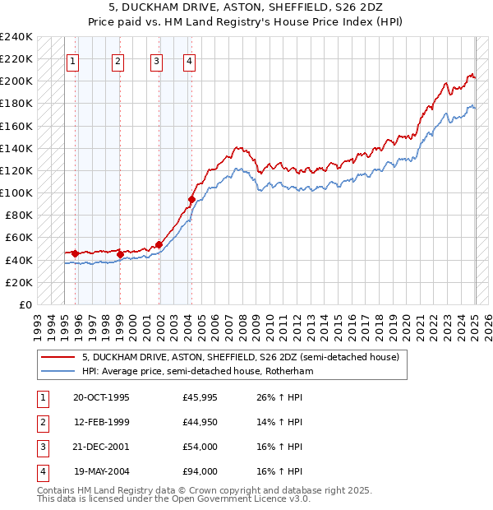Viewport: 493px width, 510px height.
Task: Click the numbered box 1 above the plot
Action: pos(72,60)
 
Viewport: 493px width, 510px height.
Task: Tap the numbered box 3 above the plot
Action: pos(156,60)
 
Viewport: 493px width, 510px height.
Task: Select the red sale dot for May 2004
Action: pos(191,199)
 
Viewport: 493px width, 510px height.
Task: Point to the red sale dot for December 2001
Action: pos(158,243)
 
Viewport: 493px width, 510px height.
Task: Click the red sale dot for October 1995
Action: pos(75,253)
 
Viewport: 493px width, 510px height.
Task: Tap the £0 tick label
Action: pos(25,304)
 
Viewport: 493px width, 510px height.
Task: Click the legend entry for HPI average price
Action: pos(197,371)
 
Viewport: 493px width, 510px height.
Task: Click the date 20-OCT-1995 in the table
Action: pos(101,398)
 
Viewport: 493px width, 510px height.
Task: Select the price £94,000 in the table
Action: pos(200,472)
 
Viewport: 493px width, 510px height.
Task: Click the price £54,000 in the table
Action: pos(200,447)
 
